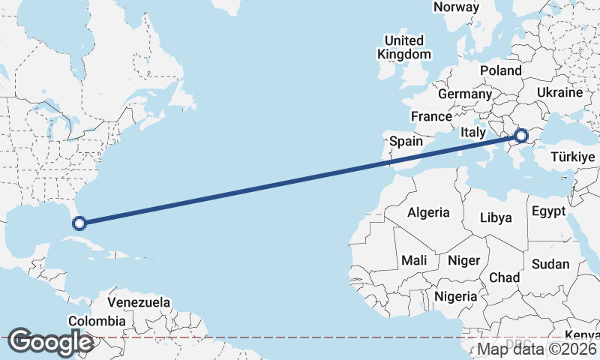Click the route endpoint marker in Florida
79,222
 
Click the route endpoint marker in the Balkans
521,136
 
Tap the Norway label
456,7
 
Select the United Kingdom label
404,47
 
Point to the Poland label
501,70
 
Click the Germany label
464,94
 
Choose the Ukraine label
559,93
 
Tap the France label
431,117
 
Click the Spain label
406,141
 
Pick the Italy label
473,132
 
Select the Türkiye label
572,157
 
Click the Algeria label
428,212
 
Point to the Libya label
496,218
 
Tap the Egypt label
548,211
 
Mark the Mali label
414,260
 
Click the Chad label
504,277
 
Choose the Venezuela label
139,303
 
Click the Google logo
51,342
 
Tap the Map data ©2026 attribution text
537,349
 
